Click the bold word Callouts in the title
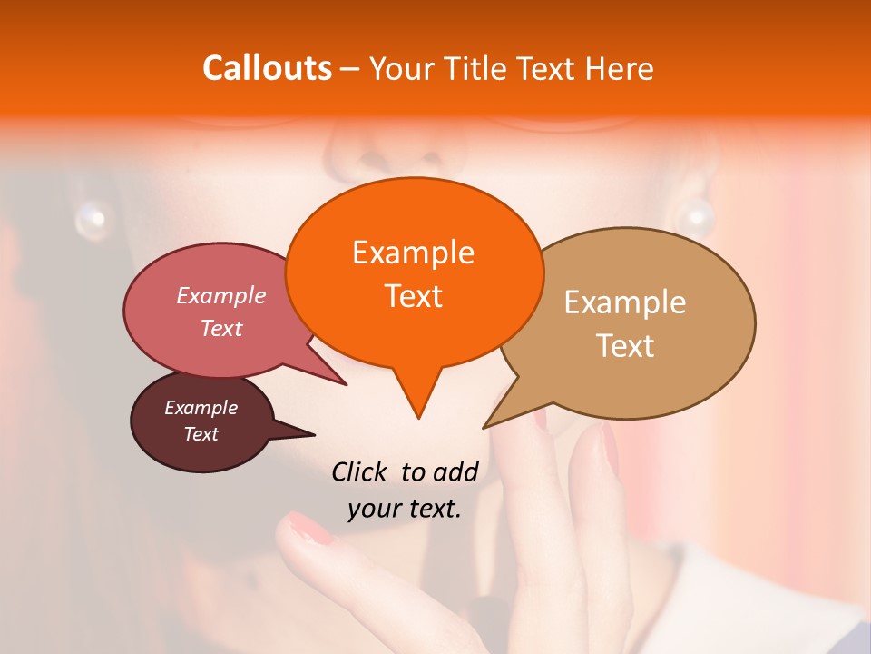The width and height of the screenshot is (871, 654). click(x=267, y=68)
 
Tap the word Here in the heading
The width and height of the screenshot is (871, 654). click(x=620, y=68)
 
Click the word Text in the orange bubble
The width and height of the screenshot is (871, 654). click(x=413, y=295)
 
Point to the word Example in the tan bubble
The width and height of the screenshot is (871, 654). click(x=625, y=302)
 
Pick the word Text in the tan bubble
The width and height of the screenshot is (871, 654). click(x=625, y=345)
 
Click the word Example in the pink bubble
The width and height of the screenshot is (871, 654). click(x=221, y=295)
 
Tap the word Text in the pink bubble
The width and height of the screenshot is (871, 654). click(x=221, y=328)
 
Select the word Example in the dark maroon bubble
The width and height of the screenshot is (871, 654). click(x=201, y=408)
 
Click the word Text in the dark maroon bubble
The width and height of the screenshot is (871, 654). click(x=201, y=434)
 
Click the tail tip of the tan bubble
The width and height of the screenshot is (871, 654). click(x=486, y=426)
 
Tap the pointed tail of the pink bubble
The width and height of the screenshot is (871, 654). click(x=344, y=383)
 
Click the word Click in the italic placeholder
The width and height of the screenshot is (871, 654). click(x=358, y=471)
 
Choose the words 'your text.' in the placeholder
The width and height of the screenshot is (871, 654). click(x=405, y=510)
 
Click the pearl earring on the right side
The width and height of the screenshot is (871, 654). click(x=696, y=218)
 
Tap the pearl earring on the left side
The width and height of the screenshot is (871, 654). click(x=92, y=218)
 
